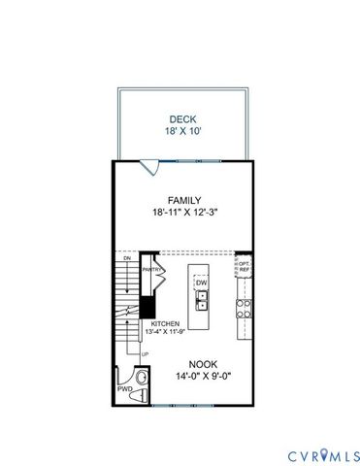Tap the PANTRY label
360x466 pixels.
click(x=150, y=269)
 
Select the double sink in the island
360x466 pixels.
click(x=202, y=301)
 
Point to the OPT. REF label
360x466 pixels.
click(x=245, y=265)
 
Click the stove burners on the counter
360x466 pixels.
click(x=244, y=308)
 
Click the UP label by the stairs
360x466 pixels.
click(x=146, y=354)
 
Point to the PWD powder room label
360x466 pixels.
click(x=125, y=388)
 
